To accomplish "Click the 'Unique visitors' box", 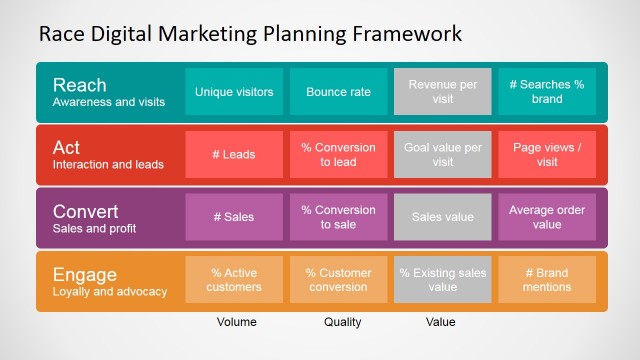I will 234,92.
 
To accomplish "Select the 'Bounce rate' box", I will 338,92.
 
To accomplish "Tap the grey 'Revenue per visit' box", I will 442,92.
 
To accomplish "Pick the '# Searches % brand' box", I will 546,92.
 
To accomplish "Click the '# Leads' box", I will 234,154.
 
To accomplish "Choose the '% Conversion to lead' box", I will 338,154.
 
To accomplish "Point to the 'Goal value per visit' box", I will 442,154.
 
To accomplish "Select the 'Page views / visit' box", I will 546,154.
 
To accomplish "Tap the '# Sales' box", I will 234,217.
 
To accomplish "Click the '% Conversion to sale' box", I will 338,217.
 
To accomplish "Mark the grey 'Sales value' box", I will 442,217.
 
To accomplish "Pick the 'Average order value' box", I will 546,217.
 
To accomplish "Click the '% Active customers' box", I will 234,279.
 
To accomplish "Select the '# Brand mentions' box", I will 546,279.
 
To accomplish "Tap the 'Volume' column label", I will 236,322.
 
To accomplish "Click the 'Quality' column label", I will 342,322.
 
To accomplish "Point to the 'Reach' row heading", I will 79,84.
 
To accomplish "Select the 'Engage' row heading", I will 84,273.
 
